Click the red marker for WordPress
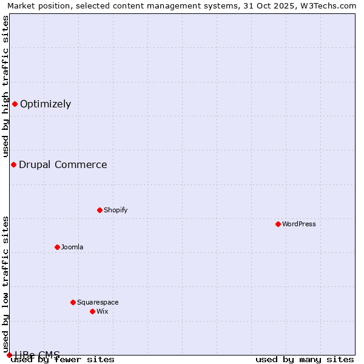click(x=278, y=224)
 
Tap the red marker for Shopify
click(x=99, y=210)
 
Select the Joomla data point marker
click(x=57, y=247)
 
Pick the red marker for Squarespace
click(x=73, y=302)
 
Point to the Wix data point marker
click(x=92, y=311)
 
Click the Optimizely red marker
click(x=15, y=104)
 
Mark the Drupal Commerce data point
click(x=13, y=164)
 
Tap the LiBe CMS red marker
click(x=9, y=355)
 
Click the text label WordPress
click(x=299, y=224)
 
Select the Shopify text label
click(x=115, y=210)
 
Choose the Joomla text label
click(x=72, y=247)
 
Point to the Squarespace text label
click(x=98, y=302)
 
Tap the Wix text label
click(x=103, y=311)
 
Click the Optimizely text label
click(x=45, y=104)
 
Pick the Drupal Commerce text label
click(x=63, y=164)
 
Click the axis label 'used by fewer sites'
click(x=63, y=359)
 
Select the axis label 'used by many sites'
click(x=305, y=359)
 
